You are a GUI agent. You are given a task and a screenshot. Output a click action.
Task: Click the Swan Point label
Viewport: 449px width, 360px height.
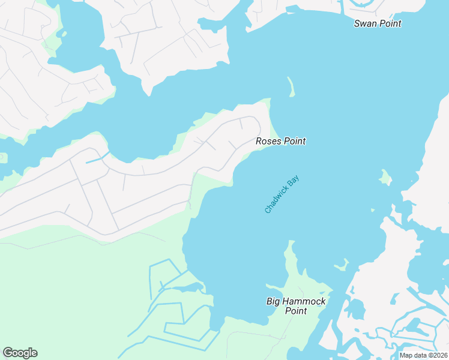[377, 23]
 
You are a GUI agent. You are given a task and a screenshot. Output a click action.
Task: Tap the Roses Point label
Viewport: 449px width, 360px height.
[280, 141]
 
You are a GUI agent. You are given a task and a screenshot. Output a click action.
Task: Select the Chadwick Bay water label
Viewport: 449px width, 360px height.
[282, 194]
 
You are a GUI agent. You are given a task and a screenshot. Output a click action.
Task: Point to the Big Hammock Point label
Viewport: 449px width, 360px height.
[296, 306]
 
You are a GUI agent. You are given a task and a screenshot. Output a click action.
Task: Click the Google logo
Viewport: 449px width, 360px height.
[20, 353]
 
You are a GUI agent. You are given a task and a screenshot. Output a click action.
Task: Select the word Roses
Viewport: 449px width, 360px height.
[268, 141]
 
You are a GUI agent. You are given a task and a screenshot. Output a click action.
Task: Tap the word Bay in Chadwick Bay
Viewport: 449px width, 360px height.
[294, 180]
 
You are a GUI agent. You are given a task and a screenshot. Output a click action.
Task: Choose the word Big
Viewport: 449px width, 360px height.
[274, 301]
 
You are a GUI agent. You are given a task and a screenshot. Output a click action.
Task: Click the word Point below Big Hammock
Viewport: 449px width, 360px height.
[296, 311]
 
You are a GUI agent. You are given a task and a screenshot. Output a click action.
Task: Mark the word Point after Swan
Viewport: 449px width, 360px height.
[390, 23]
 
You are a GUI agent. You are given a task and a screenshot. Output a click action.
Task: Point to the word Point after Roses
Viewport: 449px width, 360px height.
[294, 141]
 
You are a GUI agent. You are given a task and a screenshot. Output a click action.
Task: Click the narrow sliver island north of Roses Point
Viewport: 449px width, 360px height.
[292, 87]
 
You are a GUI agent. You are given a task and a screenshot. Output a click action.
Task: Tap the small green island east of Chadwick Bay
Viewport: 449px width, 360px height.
[385, 176]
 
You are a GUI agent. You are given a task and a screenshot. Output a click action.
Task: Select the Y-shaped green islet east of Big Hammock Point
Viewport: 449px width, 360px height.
[342, 265]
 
